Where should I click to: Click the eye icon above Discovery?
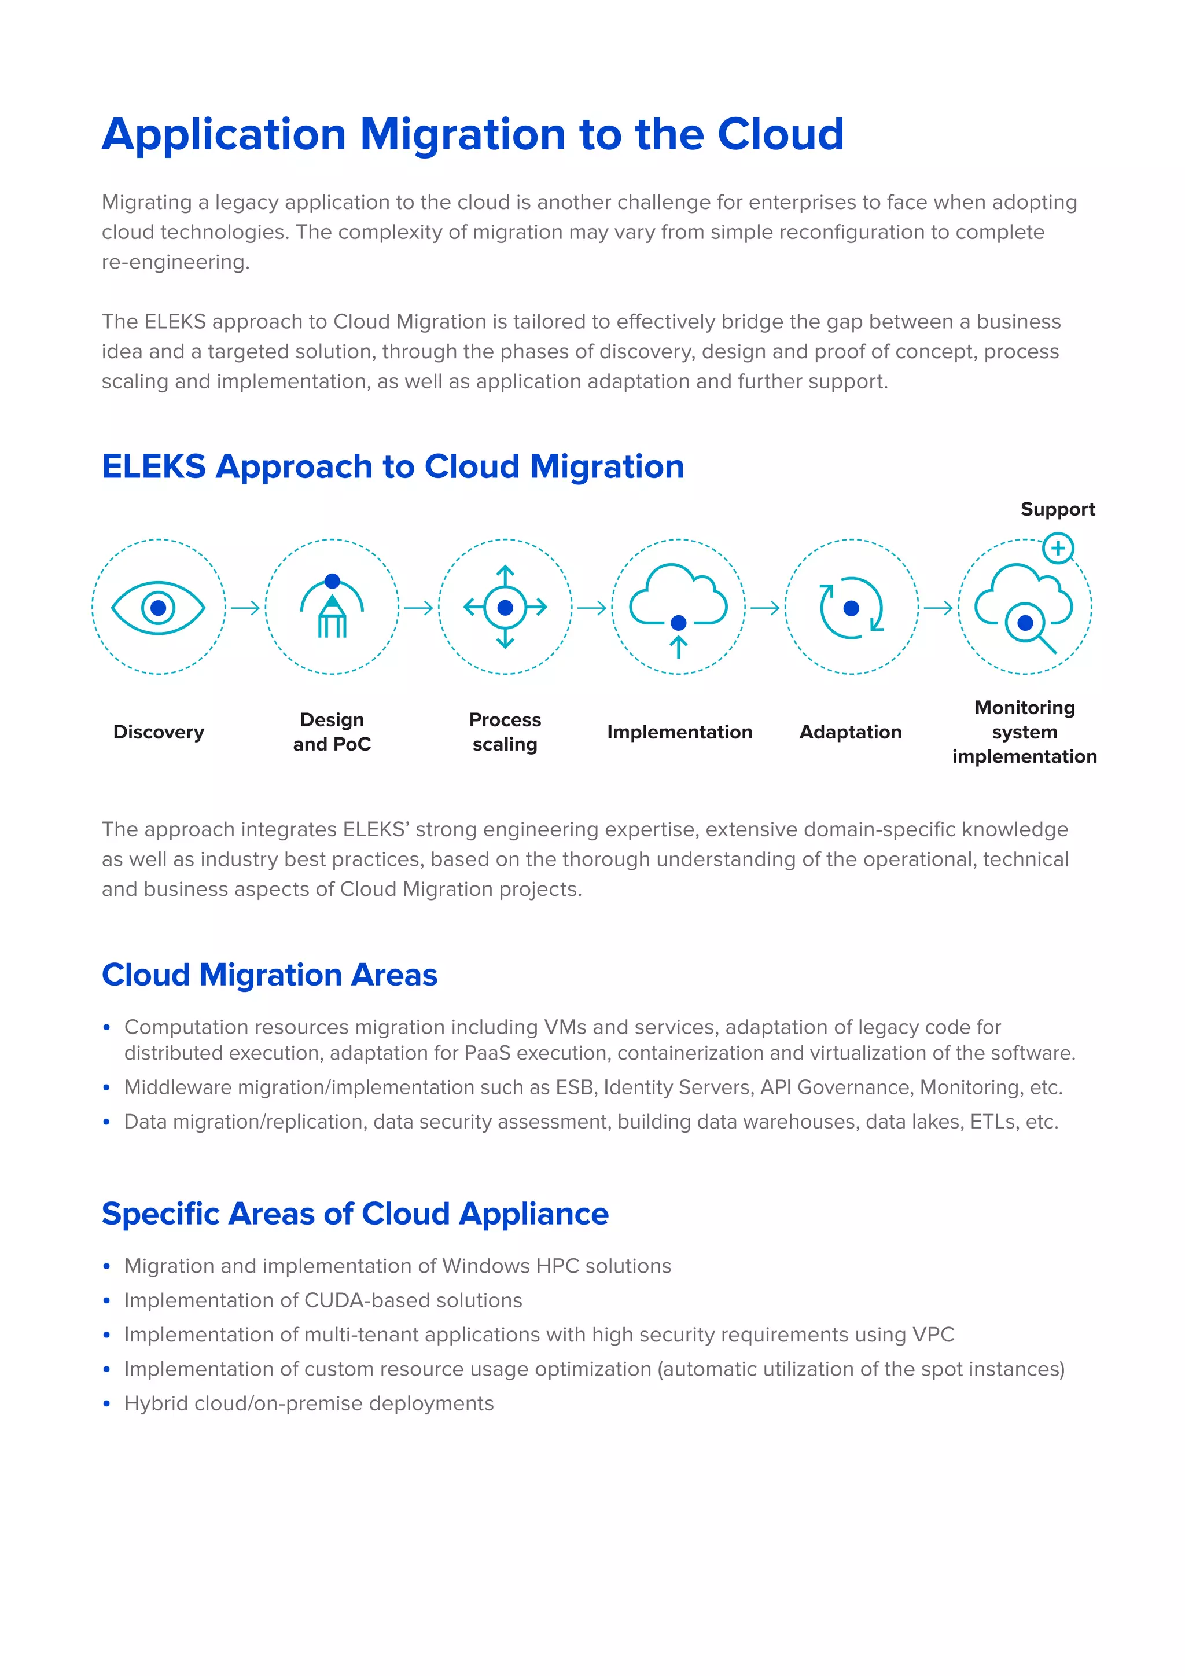point(159,607)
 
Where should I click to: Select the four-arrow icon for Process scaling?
point(505,607)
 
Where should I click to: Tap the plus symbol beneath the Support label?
point(1058,548)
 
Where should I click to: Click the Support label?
point(1057,509)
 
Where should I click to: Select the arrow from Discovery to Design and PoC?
point(246,607)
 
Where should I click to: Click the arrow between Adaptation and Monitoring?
point(939,607)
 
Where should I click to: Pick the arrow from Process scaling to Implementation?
point(592,607)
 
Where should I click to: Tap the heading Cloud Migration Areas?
point(269,975)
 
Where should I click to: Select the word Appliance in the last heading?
point(534,1214)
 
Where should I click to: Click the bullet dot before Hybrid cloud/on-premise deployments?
point(106,1404)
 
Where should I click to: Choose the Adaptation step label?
point(851,732)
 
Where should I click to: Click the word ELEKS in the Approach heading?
point(154,467)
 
